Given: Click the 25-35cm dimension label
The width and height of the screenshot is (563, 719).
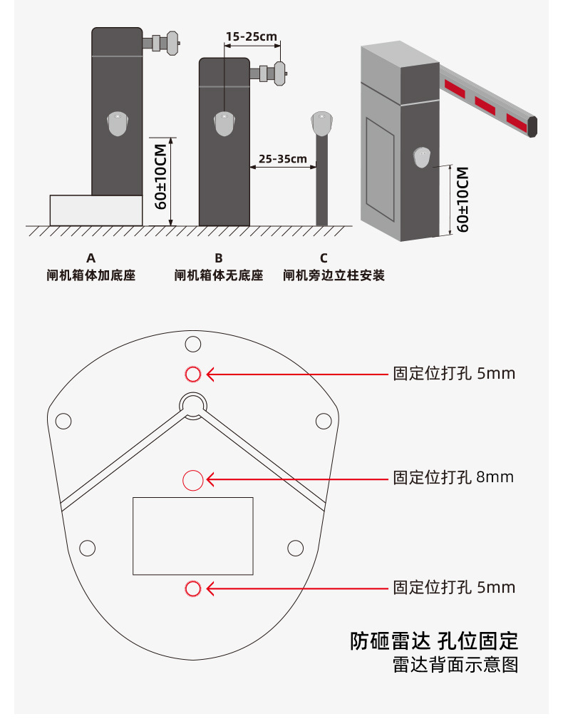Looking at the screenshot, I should [x=282, y=158].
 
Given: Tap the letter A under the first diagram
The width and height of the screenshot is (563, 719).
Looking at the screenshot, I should [x=91, y=257].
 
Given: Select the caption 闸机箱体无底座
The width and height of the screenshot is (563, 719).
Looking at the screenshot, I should [x=218, y=275].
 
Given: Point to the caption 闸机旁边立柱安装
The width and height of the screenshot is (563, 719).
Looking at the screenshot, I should [x=334, y=275].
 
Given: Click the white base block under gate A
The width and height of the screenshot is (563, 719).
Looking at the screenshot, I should [x=96, y=210].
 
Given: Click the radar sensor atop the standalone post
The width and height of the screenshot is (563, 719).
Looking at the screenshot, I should [x=322, y=124].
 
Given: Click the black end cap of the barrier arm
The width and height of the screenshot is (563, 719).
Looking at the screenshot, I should [x=533, y=126].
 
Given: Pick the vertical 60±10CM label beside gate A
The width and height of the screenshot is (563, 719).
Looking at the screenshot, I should [x=160, y=176].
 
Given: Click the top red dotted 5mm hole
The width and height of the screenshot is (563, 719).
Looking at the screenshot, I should [x=192, y=374].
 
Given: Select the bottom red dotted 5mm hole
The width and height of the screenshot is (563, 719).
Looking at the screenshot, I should [x=192, y=588].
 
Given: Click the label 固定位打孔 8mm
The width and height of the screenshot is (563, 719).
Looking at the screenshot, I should [x=453, y=477].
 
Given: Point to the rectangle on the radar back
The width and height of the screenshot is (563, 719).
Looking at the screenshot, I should [x=192, y=536].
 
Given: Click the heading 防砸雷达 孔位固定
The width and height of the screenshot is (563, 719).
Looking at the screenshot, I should [x=433, y=640].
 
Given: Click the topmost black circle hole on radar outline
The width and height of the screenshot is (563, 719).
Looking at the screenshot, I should [x=192, y=345].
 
